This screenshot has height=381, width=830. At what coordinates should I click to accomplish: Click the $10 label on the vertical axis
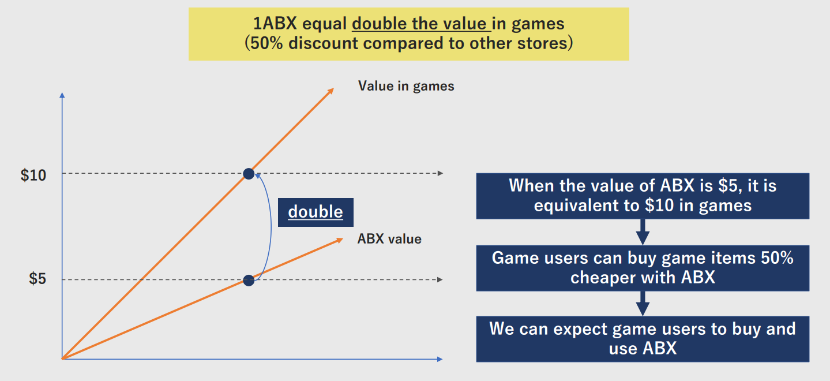(x=33, y=175)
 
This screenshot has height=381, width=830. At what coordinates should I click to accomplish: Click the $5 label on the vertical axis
(x=37, y=279)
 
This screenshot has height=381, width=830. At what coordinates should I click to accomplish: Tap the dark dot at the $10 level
(x=249, y=174)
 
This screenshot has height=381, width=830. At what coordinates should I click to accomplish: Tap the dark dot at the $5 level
(x=249, y=281)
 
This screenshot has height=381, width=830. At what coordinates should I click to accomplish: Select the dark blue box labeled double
(x=316, y=212)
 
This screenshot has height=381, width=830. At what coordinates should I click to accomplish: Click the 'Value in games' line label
(x=406, y=86)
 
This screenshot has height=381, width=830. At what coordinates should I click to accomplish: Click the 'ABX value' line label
(x=389, y=239)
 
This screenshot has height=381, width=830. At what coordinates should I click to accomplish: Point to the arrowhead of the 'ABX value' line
(x=339, y=240)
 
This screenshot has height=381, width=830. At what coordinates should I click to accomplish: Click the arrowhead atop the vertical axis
(x=62, y=95)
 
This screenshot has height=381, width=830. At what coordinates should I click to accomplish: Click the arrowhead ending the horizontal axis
(x=440, y=359)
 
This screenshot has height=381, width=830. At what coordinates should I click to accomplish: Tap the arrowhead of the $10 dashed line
(x=440, y=173)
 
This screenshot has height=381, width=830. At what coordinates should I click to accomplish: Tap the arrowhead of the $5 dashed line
(x=440, y=279)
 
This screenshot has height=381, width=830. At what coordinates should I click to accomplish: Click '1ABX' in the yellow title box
(x=275, y=24)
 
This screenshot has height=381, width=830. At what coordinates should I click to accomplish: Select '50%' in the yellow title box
(x=266, y=43)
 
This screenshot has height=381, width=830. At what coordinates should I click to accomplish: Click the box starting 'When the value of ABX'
(x=643, y=196)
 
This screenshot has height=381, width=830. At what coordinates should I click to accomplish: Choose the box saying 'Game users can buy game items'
(x=643, y=268)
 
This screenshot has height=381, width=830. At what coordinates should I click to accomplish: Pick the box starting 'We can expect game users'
(x=643, y=339)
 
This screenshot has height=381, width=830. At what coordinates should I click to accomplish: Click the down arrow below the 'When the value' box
(x=643, y=232)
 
